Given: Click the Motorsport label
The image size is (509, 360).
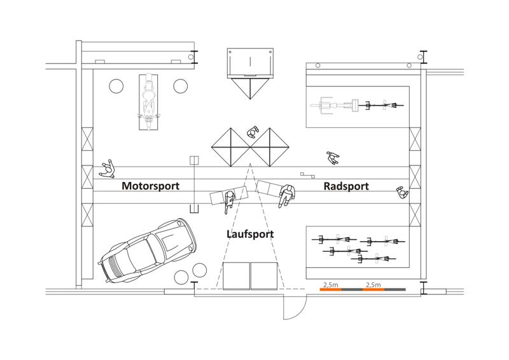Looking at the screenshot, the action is pyautogui.click(x=150, y=186).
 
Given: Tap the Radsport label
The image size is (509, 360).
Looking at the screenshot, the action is pyautogui.click(x=346, y=186).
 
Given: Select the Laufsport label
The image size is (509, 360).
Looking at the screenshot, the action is pyautogui.click(x=250, y=234).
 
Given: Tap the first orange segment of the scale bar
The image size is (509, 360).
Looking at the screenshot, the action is pyautogui.click(x=330, y=289).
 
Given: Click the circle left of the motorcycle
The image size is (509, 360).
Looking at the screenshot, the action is pyautogui.click(x=116, y=86).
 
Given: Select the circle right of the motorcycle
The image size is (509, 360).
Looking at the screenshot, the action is pyautogui.click(x=181, y=86).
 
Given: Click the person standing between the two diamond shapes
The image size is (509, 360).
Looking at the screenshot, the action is pyautogui.click(x=252, y=132).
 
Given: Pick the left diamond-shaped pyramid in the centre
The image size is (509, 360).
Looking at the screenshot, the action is pyautogui.click(x=231, y=148).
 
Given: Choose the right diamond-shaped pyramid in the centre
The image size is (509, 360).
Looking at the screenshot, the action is pyautogui.click(x=270, y=148).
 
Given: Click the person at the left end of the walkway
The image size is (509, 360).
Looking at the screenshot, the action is pyautogui.click(x=108, y=169).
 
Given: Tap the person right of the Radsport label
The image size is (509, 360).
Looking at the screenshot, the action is pyautogui.click(x=402, y=193).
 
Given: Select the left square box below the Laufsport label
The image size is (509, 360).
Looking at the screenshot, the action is pyautogui.click(x=236, y=276).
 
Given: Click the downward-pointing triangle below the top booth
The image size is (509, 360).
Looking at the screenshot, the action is pyautogui.click(x=250, y=88).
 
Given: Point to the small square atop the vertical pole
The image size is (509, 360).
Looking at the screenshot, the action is pyautogui.click(x=194, y=160).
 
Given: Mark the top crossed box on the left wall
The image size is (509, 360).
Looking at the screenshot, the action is pyautogui.click(x=87, y=139).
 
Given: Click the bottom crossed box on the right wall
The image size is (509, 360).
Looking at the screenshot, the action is pyautogui.click(x=415, y=214).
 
